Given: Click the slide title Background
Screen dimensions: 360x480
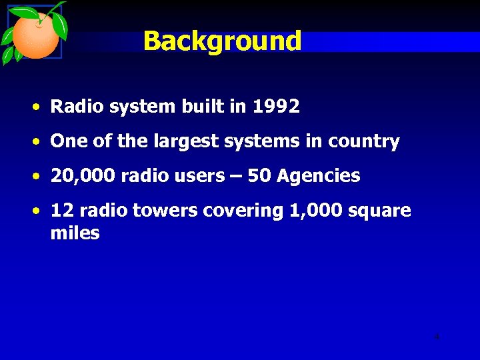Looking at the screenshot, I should (222, 41).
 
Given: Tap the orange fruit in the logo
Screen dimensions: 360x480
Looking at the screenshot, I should (35, 37).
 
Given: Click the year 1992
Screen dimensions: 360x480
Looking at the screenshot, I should (276, 107).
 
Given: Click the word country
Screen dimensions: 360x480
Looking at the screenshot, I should (364, 142).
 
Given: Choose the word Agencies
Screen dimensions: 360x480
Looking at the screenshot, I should (318, 177).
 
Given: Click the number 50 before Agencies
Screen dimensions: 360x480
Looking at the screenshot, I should (259, 177).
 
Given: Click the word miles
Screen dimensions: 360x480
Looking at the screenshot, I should (75, 234).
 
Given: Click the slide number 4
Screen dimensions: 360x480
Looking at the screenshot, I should (437, 337).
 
